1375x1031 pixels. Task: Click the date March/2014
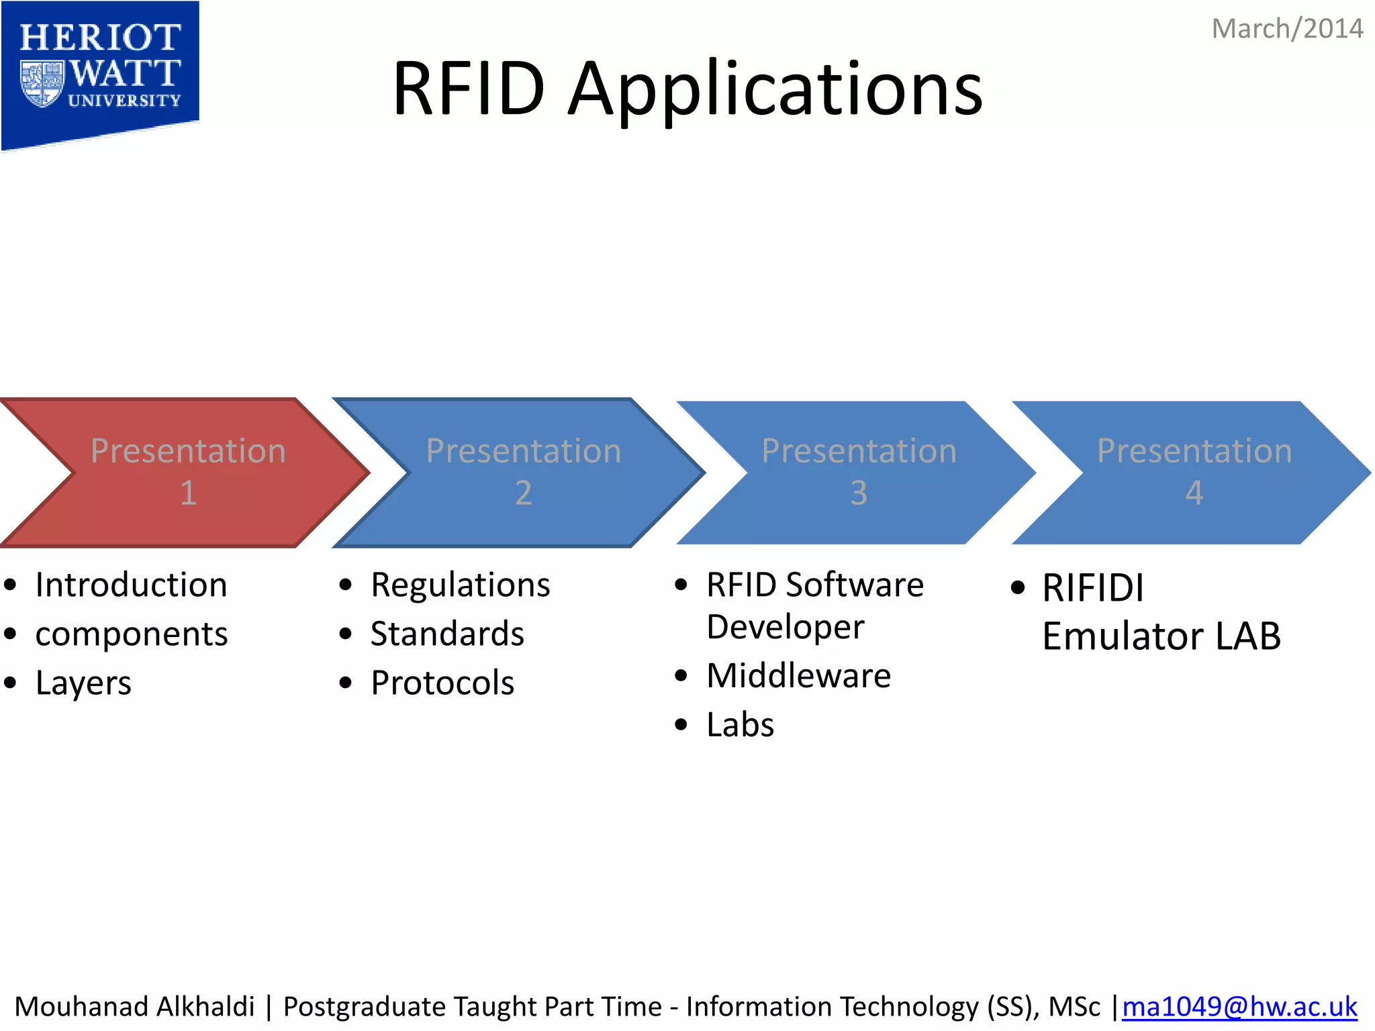point(1286,30)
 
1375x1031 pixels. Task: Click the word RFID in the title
point(468,89)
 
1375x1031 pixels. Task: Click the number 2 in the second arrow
point(523,493)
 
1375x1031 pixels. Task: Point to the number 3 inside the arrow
point(859,493)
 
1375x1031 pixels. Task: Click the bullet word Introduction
point(131,585)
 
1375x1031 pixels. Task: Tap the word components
point(131,634)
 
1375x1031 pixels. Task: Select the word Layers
point(83,684)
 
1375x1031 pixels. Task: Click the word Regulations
point(460,585)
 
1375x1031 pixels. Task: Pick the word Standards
point(447,634)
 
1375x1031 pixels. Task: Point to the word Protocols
point(442,683)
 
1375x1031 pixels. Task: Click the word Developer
point(785,628)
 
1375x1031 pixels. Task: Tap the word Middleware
point(798,676)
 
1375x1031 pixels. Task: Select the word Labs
point(740,725)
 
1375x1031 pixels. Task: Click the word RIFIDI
point(1092,588)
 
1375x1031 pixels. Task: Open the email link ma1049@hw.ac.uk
point(1239,1007)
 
